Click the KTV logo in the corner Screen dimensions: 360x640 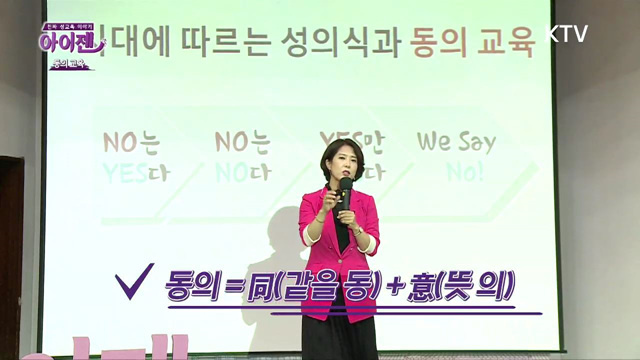[x=567, y=33]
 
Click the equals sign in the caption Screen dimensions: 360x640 [x=234, y=288]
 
